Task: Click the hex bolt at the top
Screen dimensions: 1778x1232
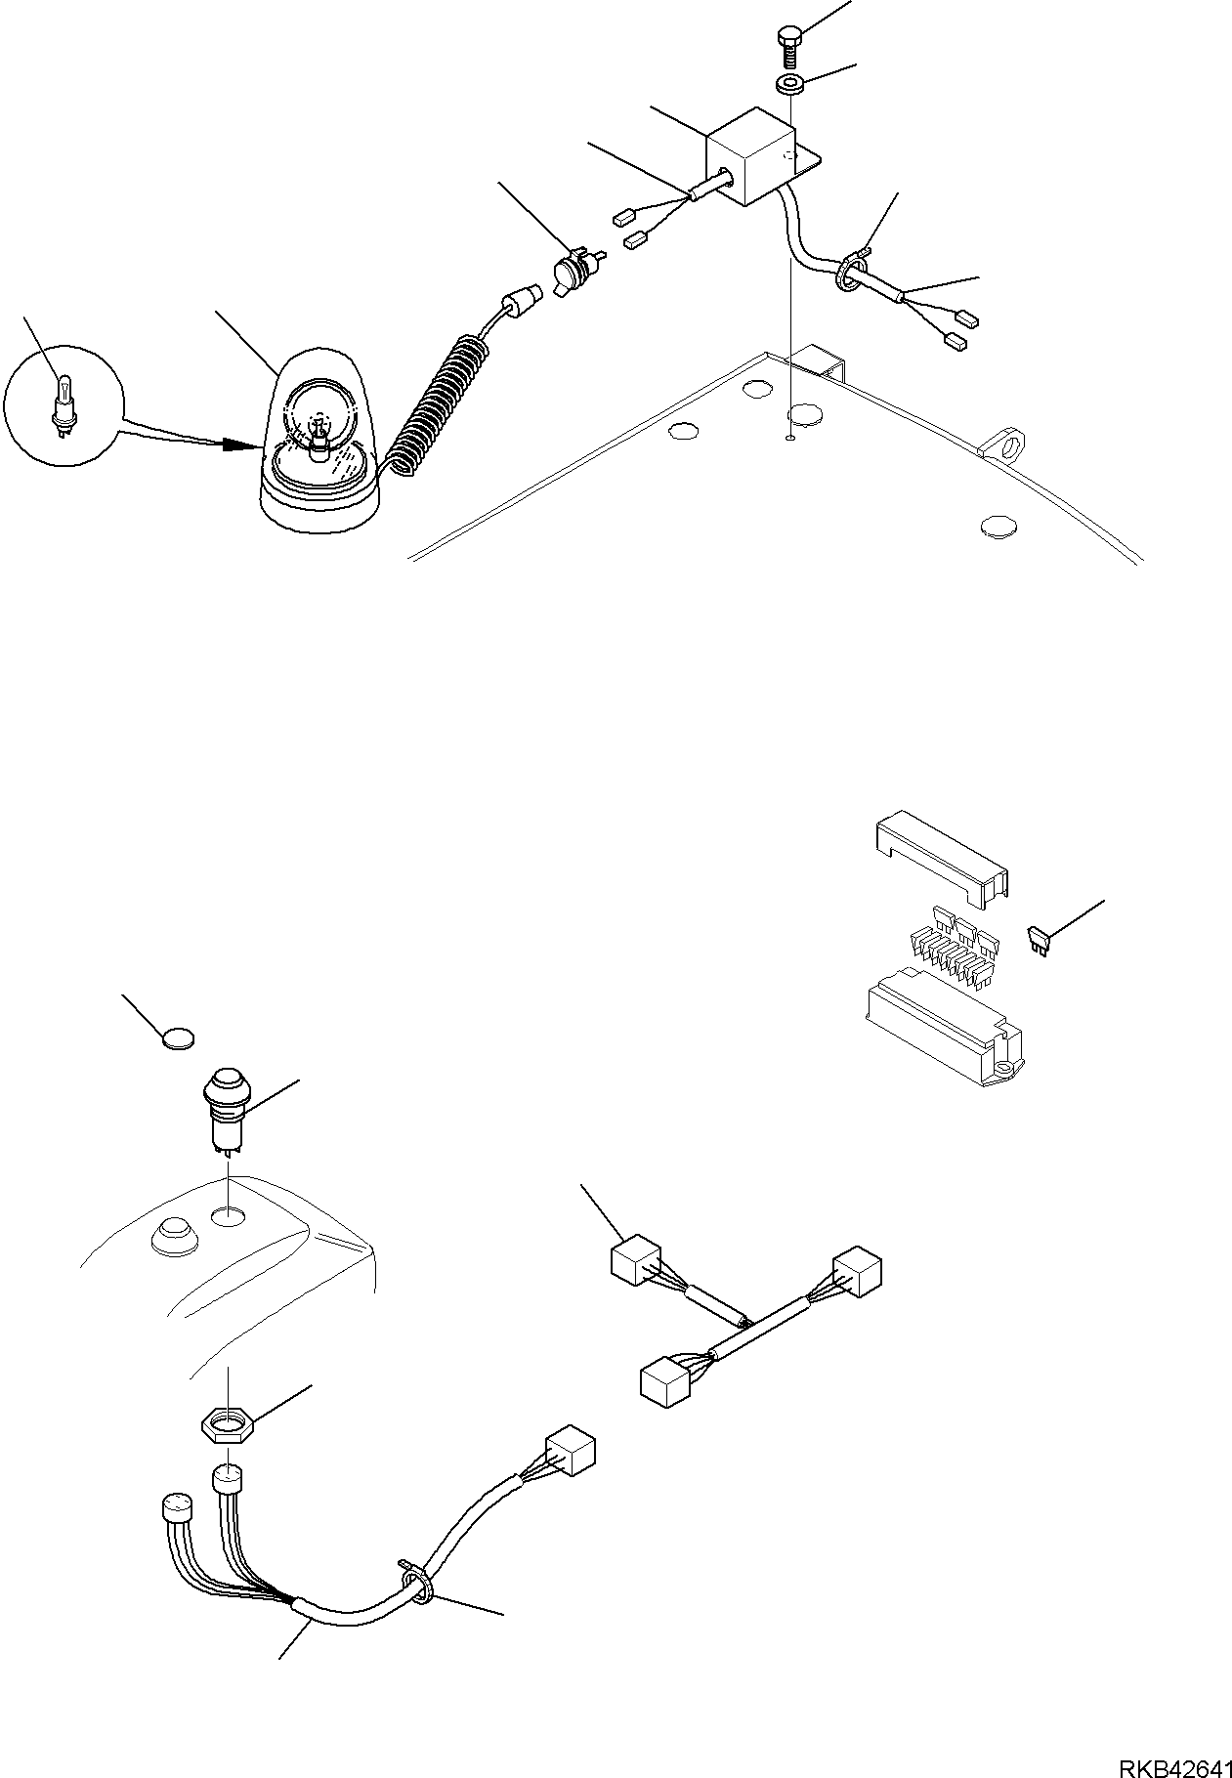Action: point(789,44)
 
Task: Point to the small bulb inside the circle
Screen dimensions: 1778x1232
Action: point(64,404)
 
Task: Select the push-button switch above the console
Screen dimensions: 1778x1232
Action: point(226,1104)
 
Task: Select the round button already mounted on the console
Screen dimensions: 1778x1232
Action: point(173,1236)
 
